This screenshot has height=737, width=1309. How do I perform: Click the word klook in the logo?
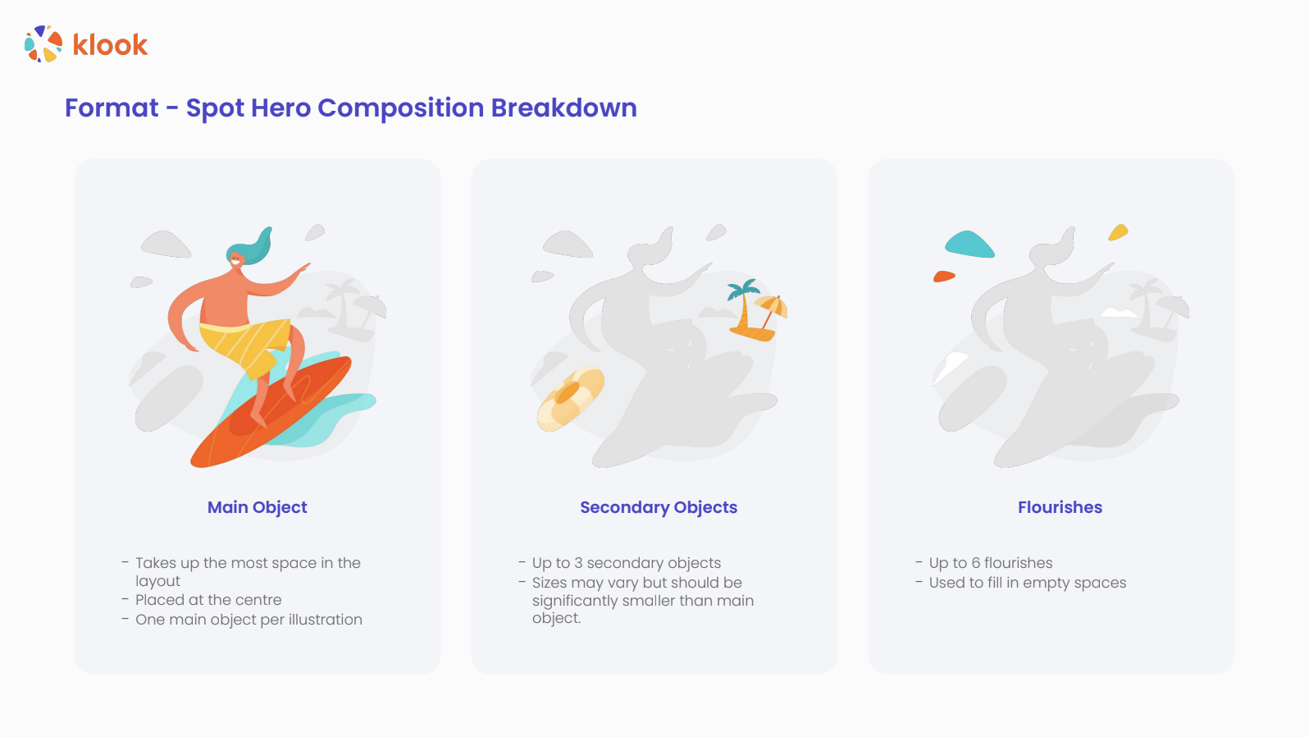click(x=110, y=45)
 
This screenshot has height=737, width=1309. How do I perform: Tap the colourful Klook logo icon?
click(x=43, y=43)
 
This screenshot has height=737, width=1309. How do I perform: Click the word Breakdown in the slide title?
click(x=564, y=108)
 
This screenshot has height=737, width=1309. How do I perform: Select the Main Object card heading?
click(x=258, y=507)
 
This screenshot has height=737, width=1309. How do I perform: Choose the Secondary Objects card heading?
click(x=659, y=507)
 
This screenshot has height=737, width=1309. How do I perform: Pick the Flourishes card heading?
click(x=1060, y=507)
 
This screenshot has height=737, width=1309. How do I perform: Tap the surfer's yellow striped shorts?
click(x=245, y=345)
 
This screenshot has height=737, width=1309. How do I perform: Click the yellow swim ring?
click(x=570, y=398)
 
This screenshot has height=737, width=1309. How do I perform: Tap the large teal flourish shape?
click(x=969, y=245)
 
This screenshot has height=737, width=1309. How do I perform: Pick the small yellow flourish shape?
click(x=1118, y=232)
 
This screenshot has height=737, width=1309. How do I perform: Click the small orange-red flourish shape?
click(x=944, y=276)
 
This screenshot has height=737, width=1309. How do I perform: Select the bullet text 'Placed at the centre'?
click(x=208, y=600)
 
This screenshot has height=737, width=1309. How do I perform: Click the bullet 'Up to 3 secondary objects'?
click(x=627, y=563)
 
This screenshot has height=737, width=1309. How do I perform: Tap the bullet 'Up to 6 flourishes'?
click(x=991, y=563)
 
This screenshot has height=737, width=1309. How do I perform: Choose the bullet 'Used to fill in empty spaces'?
click(x=1028, y=584)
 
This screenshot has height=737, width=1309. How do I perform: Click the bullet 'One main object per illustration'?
click(x=249, y=620)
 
